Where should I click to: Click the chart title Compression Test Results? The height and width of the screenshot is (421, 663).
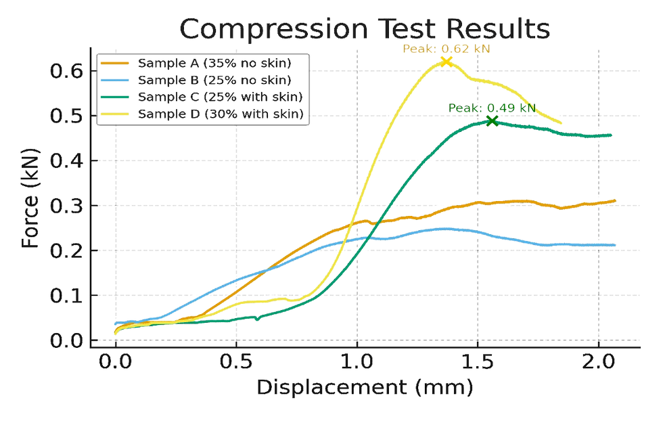[x=365, y=30]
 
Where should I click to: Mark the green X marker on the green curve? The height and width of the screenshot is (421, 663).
[x=494, y=122]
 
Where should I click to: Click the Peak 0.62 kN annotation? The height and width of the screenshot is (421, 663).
[x=446, y=49]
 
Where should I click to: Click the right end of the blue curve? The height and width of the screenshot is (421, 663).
[x=616, y=245]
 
